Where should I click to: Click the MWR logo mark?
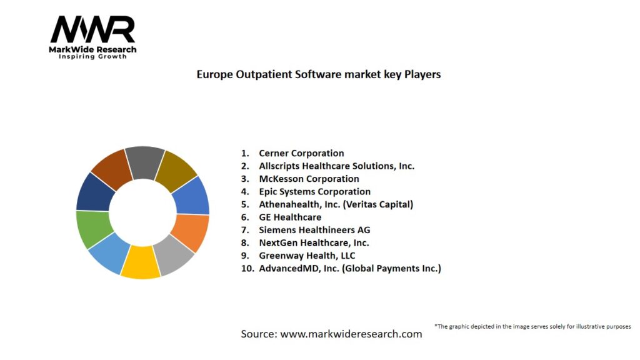(x=92, y=29)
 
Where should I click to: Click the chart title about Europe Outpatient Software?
(x=319, y=74)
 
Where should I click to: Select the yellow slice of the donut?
(x=140, y=262)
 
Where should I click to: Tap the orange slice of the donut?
(x=190, y=232)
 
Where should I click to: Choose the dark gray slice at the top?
(x=145, y=162)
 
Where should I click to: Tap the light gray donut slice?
(x=174, y=255)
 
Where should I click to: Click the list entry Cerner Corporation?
(x=301, y=153)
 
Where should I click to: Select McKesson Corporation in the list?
(x=309, y=179)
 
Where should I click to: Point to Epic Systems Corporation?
(x=314, y=192)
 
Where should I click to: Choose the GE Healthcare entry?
(x=290, y=217)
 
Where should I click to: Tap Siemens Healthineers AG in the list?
(x=314, y=230)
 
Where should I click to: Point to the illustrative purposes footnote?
(x=532, y=326)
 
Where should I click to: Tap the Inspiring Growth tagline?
(x=92, y=57)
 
